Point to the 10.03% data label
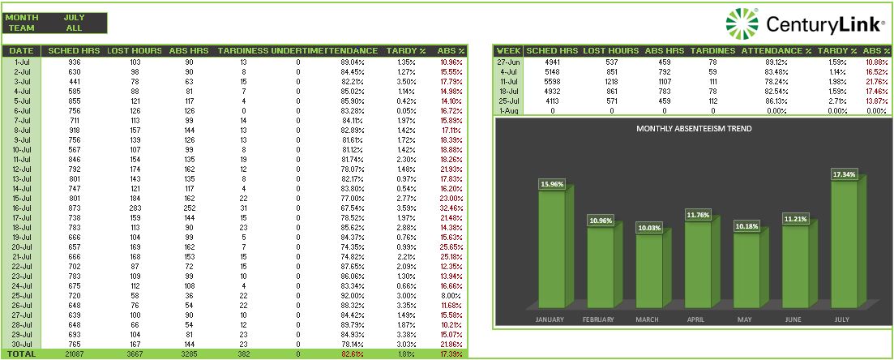pyautogui.click(x=648, y=228)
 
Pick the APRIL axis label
pyautogui.click(x=696, y=319)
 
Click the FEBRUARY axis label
pyautogui.click(x=599, y=319)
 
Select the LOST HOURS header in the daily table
pyautogui.click(x=135, y=50)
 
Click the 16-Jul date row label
pyautogui.click(x=22, y=208)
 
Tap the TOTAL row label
pyautogui.click(x=22, y=354)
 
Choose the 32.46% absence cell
pyautogui.click(x=451, y=208)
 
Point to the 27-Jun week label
pyautogui.click(x=509, y=62)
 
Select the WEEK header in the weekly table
pyautogui.click(x=509, y=50)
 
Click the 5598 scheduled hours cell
pyautogui.click(x=552, y=81)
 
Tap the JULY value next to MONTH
pyautogui.click(x=74, y=17)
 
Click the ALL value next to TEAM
pyautogui.click(x=74, y=28)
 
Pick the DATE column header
pyautogui.click(x=22, y=50)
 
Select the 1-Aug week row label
pyautogui.click(x=509, y=110)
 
